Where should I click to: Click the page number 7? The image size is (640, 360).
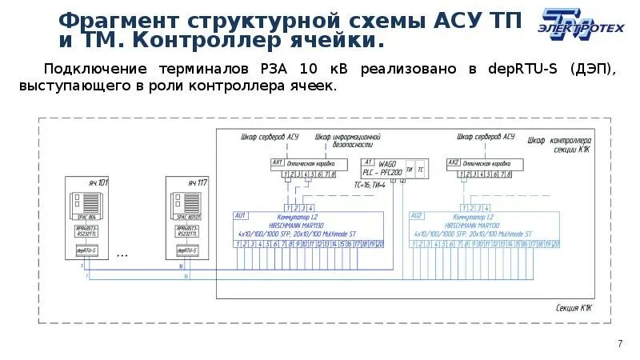click(619, 343)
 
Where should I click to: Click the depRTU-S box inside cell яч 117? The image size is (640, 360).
click(187, 250)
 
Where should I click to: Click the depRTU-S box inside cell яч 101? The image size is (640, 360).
click(86, 250)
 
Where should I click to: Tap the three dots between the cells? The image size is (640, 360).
click(122, 255)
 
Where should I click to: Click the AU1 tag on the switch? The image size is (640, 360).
click(241, 215)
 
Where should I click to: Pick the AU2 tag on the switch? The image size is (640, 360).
click(417, 215)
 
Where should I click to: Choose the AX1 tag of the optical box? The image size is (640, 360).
click(278, 162)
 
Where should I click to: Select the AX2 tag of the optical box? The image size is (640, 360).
click(454, 162)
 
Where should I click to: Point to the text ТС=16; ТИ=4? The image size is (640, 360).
click(370, 185)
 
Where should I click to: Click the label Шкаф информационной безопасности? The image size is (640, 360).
click(346, 141)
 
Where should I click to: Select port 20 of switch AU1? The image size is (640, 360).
click(379, 242)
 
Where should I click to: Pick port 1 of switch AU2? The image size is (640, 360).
click(414, 242)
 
